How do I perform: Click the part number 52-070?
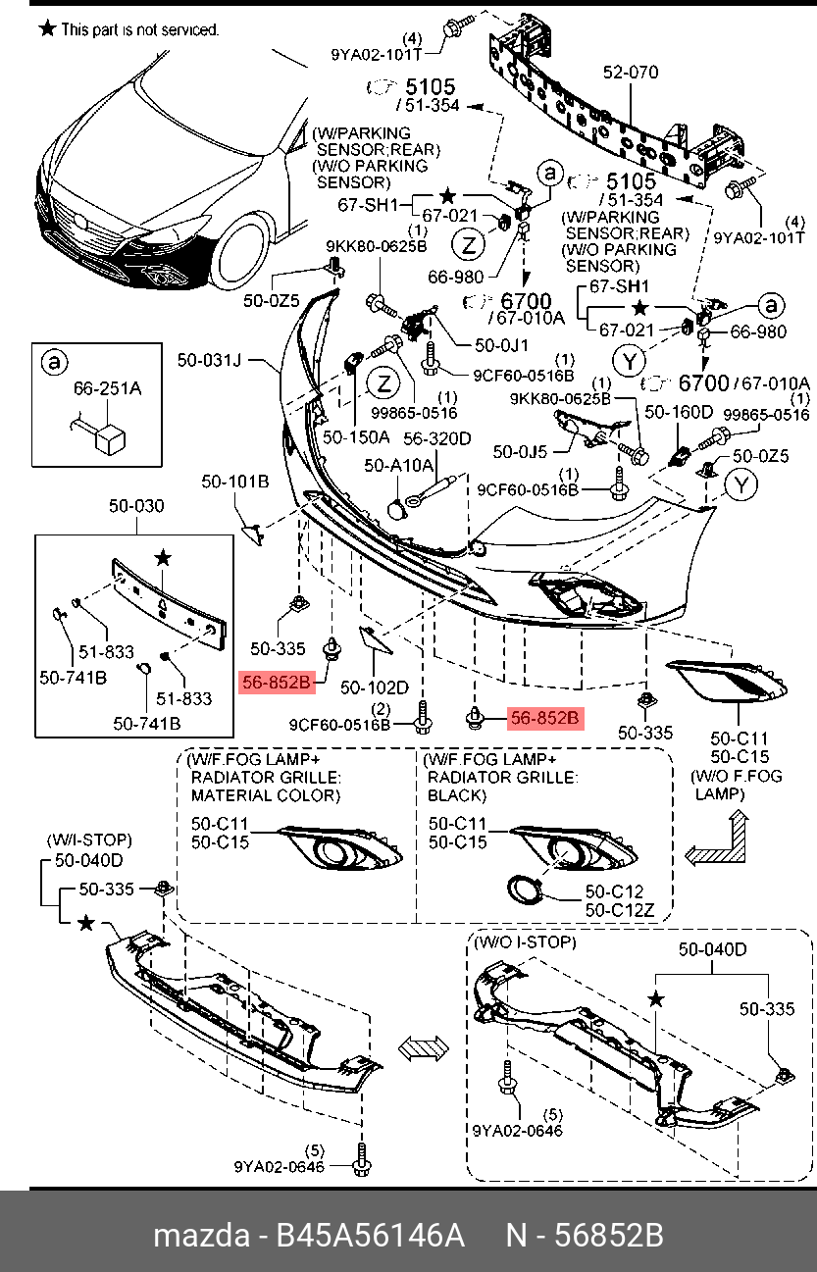click(x=631, y=73)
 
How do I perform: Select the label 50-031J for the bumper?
click(x=209, y=360)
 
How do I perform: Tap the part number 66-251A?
click(x=108, y=389)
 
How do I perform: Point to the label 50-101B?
click(x=235, y=482)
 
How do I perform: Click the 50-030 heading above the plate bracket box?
click(x=136, y=506)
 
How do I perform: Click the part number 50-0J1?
click(x=501, y=345)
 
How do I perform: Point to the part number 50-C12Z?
click(x=615, y=911)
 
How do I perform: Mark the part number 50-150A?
click(x=356, y=435)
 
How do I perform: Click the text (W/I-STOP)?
click(x=89, y=840)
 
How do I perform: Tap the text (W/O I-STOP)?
click(x=526, y=942)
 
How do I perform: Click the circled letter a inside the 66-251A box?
click(x=52, y=363)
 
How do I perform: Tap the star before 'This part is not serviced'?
click(x=46, y=28)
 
